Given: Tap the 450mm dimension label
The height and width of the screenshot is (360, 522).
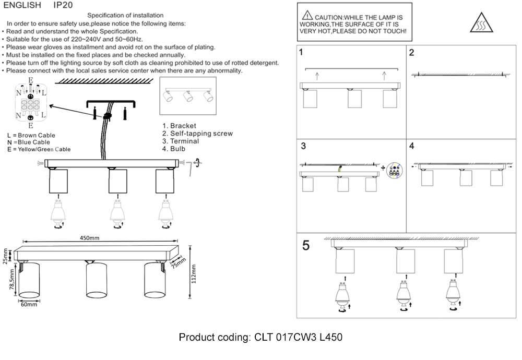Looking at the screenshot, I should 89,238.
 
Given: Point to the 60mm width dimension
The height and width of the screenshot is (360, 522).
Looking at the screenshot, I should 29,305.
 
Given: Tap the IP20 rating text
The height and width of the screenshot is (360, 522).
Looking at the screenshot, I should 63,5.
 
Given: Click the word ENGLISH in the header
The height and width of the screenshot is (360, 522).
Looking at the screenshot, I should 22,5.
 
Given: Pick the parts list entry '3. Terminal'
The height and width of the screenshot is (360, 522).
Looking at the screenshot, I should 181,141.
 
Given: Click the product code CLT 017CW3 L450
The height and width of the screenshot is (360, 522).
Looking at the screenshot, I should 260,338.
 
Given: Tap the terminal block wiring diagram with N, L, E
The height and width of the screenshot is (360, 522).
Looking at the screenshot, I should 31,103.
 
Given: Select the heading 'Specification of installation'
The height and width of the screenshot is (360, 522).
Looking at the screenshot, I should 125,16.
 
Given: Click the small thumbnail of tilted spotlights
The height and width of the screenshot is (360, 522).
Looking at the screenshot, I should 188,97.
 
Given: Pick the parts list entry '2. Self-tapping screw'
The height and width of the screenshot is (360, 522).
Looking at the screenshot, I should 197,134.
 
